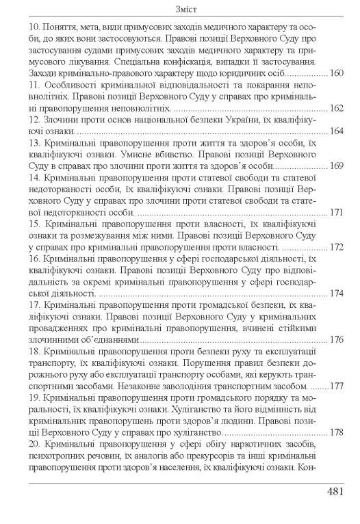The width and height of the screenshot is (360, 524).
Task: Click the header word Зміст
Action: (179, 9)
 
